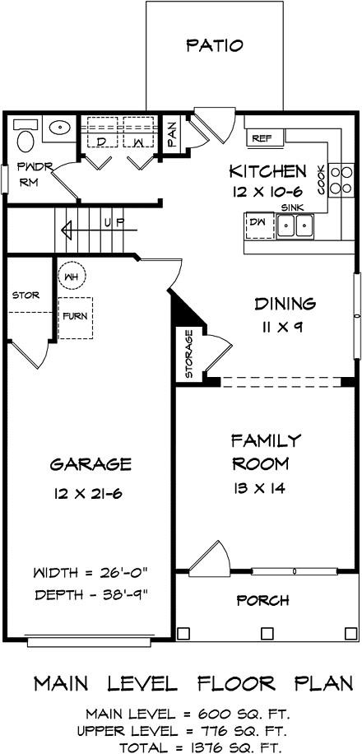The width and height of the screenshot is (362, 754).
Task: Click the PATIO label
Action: click(214, 45)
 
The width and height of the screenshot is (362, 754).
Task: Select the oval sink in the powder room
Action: click(60, 128)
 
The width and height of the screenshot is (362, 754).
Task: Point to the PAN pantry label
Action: click(172, 134)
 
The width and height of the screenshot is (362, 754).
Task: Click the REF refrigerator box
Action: click(262, 138)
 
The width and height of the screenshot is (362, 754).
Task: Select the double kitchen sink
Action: click(295, 225)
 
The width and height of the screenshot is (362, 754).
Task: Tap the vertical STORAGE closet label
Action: click(188, 355)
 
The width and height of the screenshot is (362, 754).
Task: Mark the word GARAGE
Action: click(90, 464)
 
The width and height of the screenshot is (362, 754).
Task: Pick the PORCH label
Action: click(262, 600)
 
